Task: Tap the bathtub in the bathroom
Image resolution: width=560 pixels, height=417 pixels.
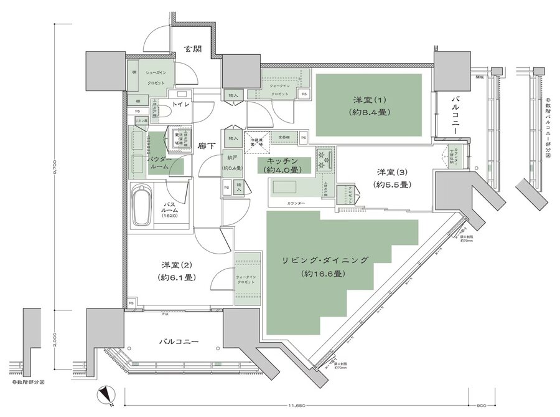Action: [142, 206]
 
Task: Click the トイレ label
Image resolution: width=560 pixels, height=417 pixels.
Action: [180, 105]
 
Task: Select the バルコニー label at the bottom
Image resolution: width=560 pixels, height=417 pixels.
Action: [179, 342]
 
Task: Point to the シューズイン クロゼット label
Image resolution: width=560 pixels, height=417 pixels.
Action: [156, 77]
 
